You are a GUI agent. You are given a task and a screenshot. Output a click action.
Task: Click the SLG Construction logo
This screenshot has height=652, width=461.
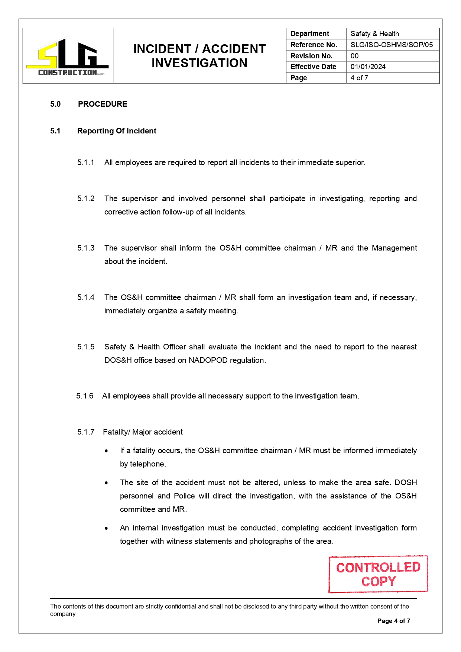click(x=68, y=57)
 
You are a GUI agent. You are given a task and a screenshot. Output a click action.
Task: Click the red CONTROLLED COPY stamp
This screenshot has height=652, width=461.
click(x=378, y=574)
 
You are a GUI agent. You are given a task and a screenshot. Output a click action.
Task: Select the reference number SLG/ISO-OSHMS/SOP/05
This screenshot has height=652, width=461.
click(x=392, y=45)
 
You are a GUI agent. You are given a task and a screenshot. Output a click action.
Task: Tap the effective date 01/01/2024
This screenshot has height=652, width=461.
click(x=368, y=67)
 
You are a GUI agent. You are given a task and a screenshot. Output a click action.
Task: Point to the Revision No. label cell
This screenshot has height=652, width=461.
click(x=311, y=56)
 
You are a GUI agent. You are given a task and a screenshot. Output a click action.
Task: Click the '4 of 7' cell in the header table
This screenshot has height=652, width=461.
click(x=359, y=78)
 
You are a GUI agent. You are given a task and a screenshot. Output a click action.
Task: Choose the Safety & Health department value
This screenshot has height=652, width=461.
click(x=374, y=34)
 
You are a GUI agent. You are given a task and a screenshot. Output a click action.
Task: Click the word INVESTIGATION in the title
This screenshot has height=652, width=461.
click(x=199, y=63)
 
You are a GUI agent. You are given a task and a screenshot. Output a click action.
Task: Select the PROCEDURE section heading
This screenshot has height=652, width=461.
click(x=103, y=104)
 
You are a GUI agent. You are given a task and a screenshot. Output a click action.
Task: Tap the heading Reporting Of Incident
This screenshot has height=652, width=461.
click(x=117, y=131)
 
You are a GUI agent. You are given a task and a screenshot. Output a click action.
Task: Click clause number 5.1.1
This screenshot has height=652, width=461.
click(x=86, y=162)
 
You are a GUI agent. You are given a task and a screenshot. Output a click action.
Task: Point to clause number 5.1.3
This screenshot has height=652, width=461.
click(x=86, y=248)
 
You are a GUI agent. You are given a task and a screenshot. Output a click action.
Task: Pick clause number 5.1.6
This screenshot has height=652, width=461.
click(x=85, y=396)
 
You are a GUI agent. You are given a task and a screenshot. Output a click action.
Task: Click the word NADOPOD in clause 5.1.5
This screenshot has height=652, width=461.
click(x=208, y=360)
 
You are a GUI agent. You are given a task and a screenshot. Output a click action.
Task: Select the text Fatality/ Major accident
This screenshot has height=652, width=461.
click(x=143, y=432)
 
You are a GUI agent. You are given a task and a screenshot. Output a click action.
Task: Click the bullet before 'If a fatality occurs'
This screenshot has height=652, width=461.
click(x=107, y=451)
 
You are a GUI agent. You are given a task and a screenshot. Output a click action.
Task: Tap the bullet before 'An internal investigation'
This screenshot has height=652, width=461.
click(x=107, y=528)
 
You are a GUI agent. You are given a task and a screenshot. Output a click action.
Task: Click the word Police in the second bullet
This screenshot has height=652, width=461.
click(x=184, y=496)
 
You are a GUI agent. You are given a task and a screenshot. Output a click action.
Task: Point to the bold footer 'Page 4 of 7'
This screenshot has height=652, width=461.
click(x=393, y=621)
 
